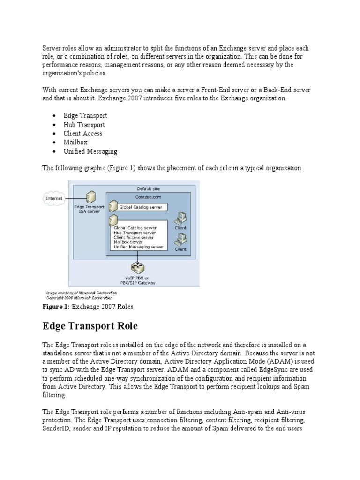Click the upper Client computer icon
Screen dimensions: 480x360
[180, 218]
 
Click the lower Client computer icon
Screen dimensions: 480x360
[180, 240]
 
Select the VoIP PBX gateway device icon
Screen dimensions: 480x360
[137, 268]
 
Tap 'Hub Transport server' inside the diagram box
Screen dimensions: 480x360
[135, 232]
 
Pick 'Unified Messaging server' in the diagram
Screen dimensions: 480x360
[138, 246]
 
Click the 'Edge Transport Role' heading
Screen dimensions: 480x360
[90, 325]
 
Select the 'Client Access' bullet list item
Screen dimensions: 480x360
[83, 133]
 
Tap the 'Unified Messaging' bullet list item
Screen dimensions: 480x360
[91, 151]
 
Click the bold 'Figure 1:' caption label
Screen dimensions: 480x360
[57, 307]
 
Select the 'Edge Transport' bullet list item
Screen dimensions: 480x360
[86, 115]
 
